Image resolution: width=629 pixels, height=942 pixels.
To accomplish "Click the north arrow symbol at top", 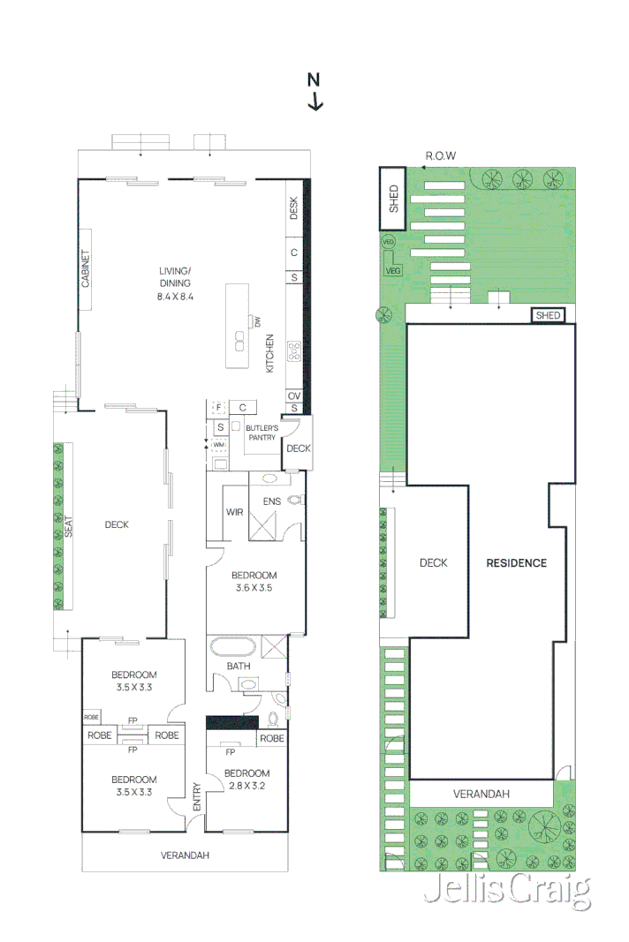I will (314, 93).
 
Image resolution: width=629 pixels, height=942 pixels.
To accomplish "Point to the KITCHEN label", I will (270, 352).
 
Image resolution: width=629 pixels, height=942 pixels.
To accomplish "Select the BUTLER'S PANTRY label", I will (261, 433).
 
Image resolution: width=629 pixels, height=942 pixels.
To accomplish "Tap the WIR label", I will (235, 511).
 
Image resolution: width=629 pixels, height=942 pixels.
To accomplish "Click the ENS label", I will (271, 501).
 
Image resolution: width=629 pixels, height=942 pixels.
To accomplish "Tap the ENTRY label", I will (197, 797).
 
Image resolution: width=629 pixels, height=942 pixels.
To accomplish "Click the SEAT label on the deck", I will (67, 527).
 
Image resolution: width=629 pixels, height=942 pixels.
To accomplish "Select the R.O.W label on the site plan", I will (440, 155).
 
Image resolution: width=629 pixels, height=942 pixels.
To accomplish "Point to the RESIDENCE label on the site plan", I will (517, 562).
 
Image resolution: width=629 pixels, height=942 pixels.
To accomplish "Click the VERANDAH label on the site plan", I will (481, 794).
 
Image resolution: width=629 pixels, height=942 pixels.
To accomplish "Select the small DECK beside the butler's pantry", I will (299, 448).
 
